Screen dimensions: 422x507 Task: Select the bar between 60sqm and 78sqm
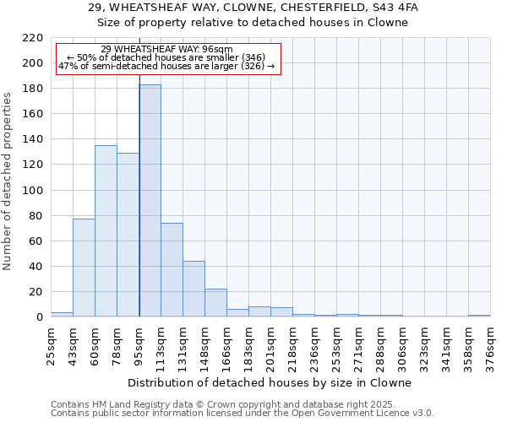106,231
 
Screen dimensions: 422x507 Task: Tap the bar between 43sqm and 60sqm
84,268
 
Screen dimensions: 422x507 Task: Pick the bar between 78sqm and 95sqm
128,235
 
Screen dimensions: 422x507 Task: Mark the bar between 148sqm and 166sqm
215,303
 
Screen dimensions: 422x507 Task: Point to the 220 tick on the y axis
34,38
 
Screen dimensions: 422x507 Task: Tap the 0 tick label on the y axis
40,317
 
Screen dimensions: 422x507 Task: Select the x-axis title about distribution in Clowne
270,382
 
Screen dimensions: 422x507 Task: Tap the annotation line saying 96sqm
166,50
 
